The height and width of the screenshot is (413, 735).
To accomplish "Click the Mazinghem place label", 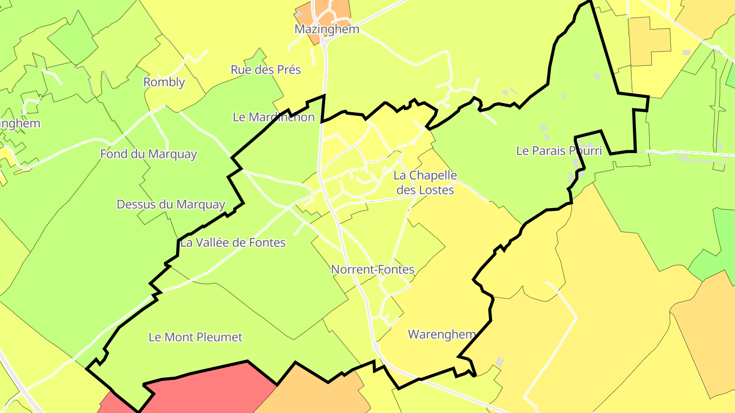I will click(x=327, y=29).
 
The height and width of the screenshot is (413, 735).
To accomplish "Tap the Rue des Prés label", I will click(x=266, y=70).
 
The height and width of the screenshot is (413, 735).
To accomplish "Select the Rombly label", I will click(x=164, y=82).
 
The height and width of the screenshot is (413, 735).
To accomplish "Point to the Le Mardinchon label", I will click(x=274, y=117).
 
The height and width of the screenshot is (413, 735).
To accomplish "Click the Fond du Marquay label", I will click(x=149, y=154).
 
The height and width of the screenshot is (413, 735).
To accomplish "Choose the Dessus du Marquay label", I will click(x=171, y=204).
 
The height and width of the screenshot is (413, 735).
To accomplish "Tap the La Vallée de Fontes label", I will click(x=233, y=243).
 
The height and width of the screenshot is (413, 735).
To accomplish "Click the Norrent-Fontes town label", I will click(x=373, y=269).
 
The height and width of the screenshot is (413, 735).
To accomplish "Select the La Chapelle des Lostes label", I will click(x=425, y=183).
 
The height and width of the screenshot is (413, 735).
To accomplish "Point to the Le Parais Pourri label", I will click(x=559, y=151).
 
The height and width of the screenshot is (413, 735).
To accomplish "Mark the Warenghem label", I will click(x=442, y=334).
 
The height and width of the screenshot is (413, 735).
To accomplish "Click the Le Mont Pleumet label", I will click(x=195, y=337).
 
